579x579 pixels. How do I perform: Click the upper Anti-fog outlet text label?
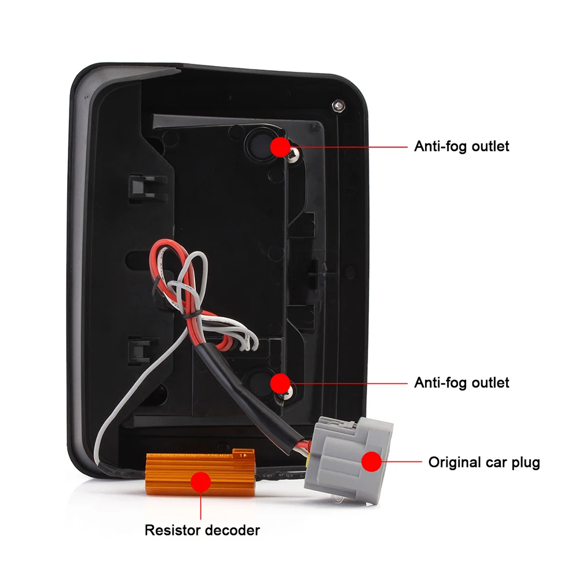click(x=461, y=146)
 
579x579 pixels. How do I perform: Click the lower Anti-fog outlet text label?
click(x=461, y=383)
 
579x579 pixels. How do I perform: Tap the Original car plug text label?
click(x=484, y=462)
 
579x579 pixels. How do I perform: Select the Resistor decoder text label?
click(x=202, y=530)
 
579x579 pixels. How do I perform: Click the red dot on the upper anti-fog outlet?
click(x=280, y=146)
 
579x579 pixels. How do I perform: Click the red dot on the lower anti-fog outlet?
click(x=280, y=383)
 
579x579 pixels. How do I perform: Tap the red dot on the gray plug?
click(x=372, y=461)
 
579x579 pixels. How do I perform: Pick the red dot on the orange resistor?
click(x=200, y=482)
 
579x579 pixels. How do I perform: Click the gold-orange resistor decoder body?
click(x=200, y=471)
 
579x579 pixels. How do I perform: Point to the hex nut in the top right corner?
click(x=338, y=106)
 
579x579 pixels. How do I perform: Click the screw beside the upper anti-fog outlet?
click(x=294, y=155)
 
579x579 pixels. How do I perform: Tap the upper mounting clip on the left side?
click(x=146, y=188)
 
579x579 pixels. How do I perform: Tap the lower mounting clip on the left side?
click(x=139, y=350)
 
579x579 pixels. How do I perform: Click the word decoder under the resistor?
click(x=232, y=530)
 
